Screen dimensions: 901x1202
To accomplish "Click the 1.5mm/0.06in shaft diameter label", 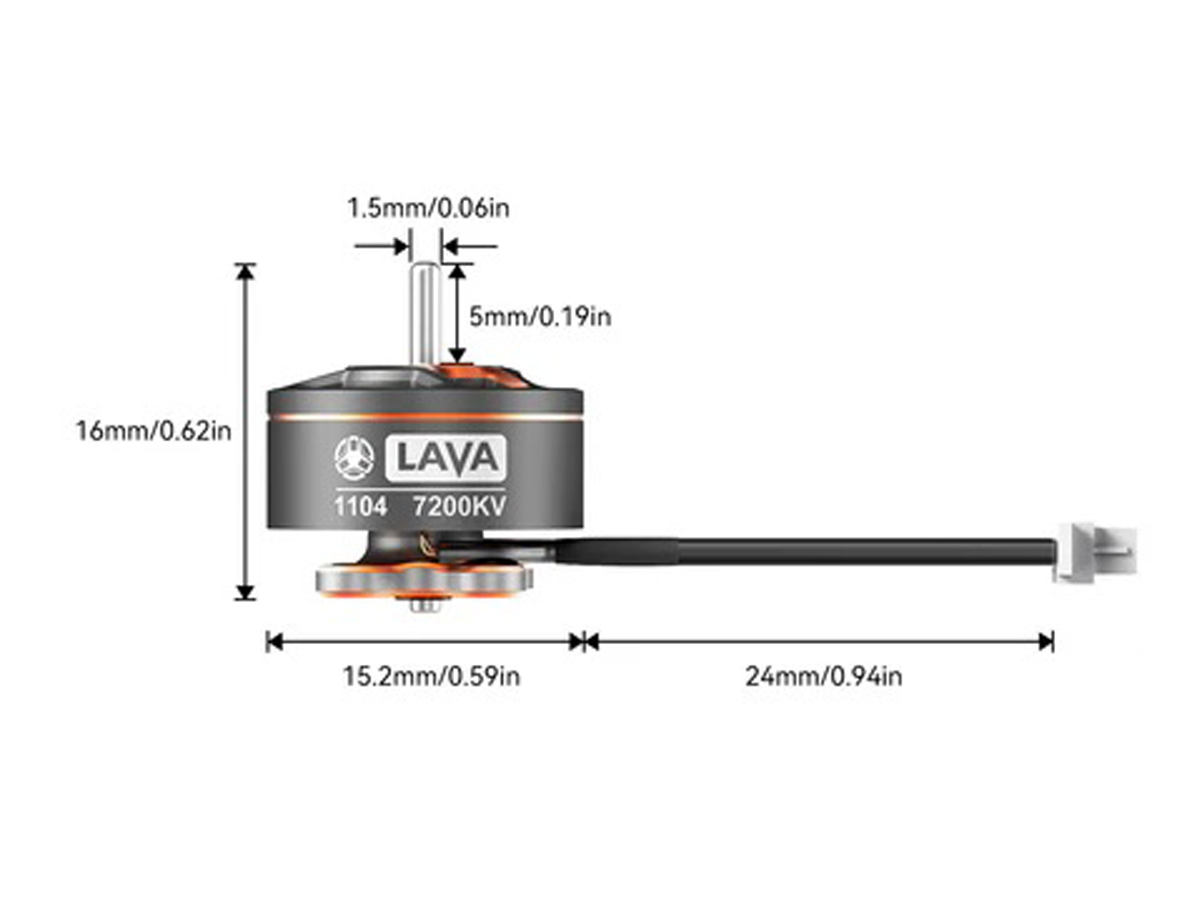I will tap(428, 209).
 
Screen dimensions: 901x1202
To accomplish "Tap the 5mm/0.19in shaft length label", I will tap(540, 317).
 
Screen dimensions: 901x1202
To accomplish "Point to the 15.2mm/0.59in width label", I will tap(431, 677).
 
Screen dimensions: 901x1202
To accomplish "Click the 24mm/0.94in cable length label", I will tap(823, 677).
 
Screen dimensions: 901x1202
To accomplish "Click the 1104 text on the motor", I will tap(360, 507).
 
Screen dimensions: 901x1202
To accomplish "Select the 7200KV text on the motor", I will tap(459, 507).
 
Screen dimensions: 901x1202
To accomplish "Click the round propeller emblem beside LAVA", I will tap(354, 459).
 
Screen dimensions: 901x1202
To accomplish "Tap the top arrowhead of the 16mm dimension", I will tap(246, 271).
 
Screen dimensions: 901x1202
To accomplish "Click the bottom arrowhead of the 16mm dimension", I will tap(246, 592).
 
